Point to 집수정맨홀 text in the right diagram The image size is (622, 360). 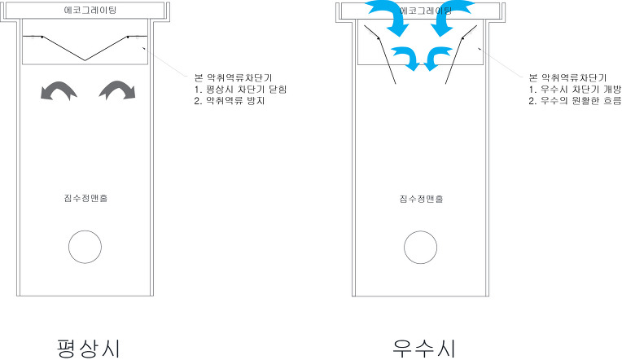click(420, 198)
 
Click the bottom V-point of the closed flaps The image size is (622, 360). click(85, 59)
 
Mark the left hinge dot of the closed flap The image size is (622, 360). click(42, 37)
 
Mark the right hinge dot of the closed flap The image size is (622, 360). click(129, 37)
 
